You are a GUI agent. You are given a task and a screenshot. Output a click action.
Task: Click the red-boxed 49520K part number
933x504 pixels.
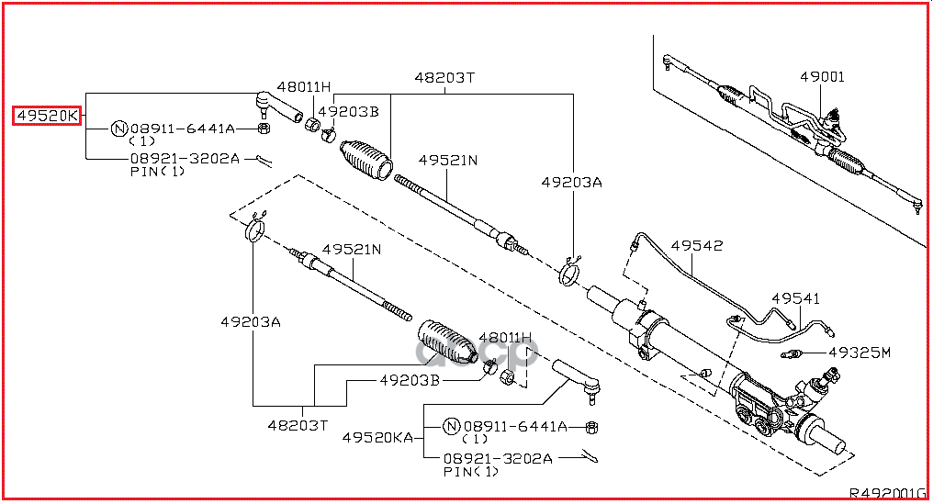tap(47, 117)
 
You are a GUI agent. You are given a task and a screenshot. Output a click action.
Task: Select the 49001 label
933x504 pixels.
tap(821, 77)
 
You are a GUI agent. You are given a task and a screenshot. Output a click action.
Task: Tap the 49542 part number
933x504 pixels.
tap(696, 245)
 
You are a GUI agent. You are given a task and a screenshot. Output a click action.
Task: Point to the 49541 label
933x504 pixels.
tap(794, 298)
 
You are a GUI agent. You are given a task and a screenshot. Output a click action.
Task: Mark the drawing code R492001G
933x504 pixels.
tap(886, 492)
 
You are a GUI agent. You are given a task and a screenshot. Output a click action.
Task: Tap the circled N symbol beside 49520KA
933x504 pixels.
tap(451, 427)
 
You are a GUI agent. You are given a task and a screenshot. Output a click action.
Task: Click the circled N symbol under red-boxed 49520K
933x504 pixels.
tap(118, 129)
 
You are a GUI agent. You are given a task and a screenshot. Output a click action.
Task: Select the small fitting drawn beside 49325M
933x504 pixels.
tap(792, 354)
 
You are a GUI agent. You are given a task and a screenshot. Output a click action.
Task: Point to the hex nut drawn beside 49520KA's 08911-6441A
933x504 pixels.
tap(592, 428)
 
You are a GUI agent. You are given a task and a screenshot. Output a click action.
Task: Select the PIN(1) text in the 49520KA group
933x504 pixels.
tap(470, 472)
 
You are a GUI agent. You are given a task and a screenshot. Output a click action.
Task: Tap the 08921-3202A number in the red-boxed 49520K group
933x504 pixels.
tap(185, 158)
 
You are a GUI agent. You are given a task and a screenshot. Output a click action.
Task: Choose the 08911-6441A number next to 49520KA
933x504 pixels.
tap(514, 427)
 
